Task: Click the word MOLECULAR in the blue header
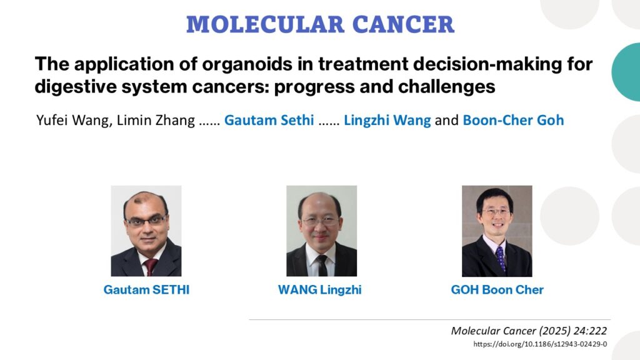tap(265, 24)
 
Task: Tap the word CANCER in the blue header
tap(403, 24)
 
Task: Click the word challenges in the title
tap(446, 87)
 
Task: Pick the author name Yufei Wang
tap(73, 121)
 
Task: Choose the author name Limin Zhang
tap(156, 121)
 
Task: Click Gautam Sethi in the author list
tap(269, 121)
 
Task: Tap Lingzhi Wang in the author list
tap(387, 121)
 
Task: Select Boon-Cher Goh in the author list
tap(514, 121)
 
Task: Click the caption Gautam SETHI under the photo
tap(146, 290)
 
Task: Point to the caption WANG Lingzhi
tap(320, 290)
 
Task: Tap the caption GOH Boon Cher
tap(497, 290)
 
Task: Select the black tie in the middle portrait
tap(322, 265)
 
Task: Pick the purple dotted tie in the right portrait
tap(501, 259)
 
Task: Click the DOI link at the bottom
tap(540, 344)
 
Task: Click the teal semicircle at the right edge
tap(626, 72)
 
